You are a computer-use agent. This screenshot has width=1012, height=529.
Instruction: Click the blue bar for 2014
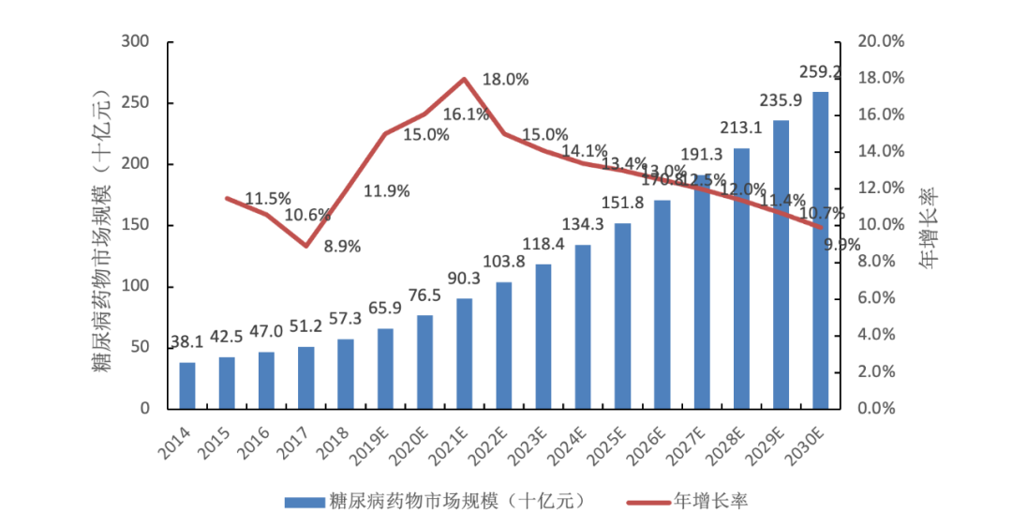pos(187,385)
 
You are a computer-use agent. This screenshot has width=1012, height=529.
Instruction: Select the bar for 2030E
pos(820,249)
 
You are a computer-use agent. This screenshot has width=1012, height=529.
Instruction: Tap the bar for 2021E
pos(465,354)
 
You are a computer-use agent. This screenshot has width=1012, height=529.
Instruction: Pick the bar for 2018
pos(346,373)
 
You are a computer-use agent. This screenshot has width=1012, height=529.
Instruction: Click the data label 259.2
pos(819,72)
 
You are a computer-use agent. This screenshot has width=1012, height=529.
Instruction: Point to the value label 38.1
pos(188,343)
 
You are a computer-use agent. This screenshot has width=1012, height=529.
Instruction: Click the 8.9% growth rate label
pos(342,247)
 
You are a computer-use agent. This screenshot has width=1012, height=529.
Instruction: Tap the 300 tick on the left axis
pos(136,42)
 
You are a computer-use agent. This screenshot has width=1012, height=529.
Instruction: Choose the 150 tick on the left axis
pos(136,225)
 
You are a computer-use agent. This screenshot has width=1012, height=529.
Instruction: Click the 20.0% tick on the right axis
pos(880,42)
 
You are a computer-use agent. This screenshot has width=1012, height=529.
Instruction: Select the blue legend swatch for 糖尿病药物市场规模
pos(303,501)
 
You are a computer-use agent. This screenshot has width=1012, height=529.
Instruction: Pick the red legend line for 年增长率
pos(642,501)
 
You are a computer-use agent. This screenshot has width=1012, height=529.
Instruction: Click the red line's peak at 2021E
pos(465,79)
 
